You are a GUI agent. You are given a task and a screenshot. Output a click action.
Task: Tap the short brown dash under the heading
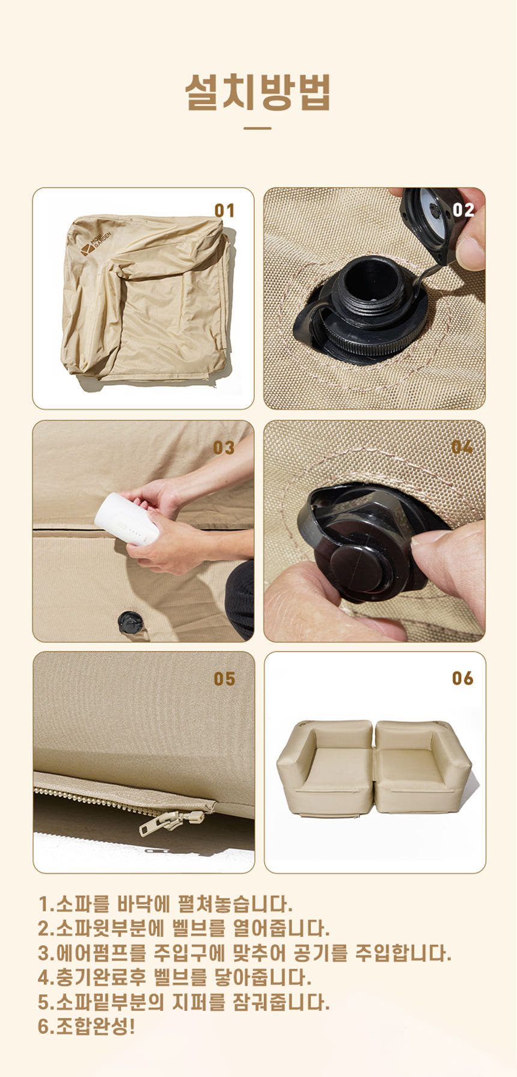[258, 128]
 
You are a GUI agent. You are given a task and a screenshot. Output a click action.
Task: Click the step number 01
[224, 211]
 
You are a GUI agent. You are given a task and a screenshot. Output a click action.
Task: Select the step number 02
[463, 210]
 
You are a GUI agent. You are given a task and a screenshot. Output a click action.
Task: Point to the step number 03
[224, 448]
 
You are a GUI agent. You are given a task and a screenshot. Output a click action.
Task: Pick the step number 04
[462, 447]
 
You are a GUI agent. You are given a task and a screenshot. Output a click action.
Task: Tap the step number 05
[224, 679]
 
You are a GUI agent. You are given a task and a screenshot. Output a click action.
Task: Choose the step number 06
[463, 678]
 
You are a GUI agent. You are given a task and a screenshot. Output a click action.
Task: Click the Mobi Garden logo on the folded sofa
[95, 243]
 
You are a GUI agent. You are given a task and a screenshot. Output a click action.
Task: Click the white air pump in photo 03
[126, 520]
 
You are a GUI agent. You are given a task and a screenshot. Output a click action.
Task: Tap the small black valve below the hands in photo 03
[130, 623]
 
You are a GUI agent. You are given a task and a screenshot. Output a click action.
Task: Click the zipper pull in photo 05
[171, 822]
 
